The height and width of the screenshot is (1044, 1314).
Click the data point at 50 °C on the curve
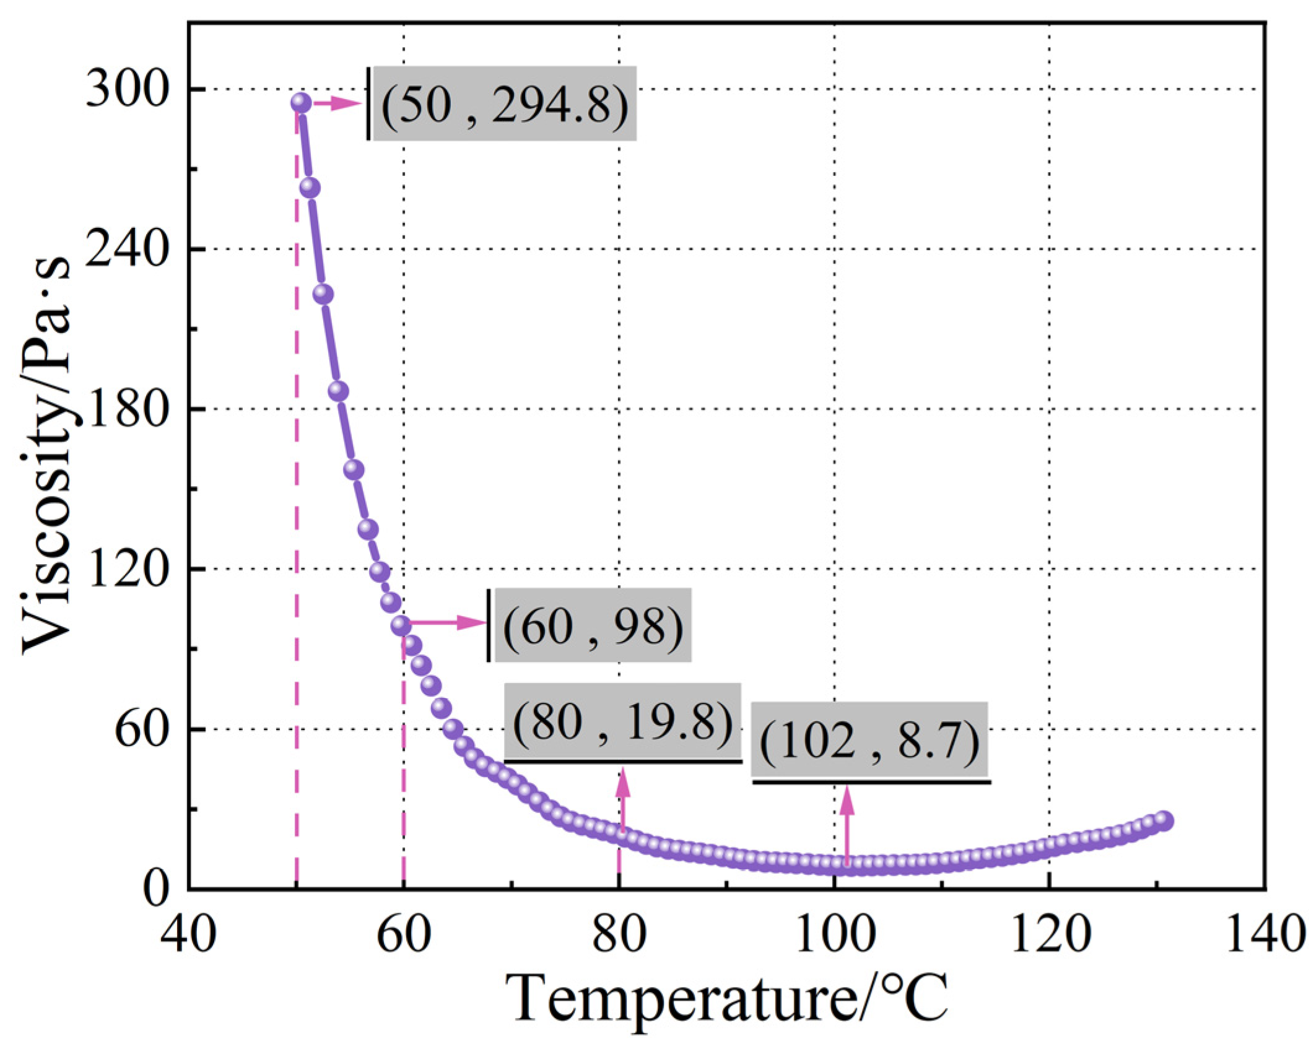pyautogui.click(x=300, y=102)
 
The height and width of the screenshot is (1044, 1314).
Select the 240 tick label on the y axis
pyautogui.click(x=127, y=248)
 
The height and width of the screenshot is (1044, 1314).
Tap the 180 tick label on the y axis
pyautogui.click(x=127, y=409)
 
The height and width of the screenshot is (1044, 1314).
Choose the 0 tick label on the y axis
pyautogui.click(x=155, y=889)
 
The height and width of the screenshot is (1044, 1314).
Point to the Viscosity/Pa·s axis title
pyautogui.click(x=46, y=455)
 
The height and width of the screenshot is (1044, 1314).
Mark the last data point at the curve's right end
pyautogui.click(x=1164, y=820)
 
